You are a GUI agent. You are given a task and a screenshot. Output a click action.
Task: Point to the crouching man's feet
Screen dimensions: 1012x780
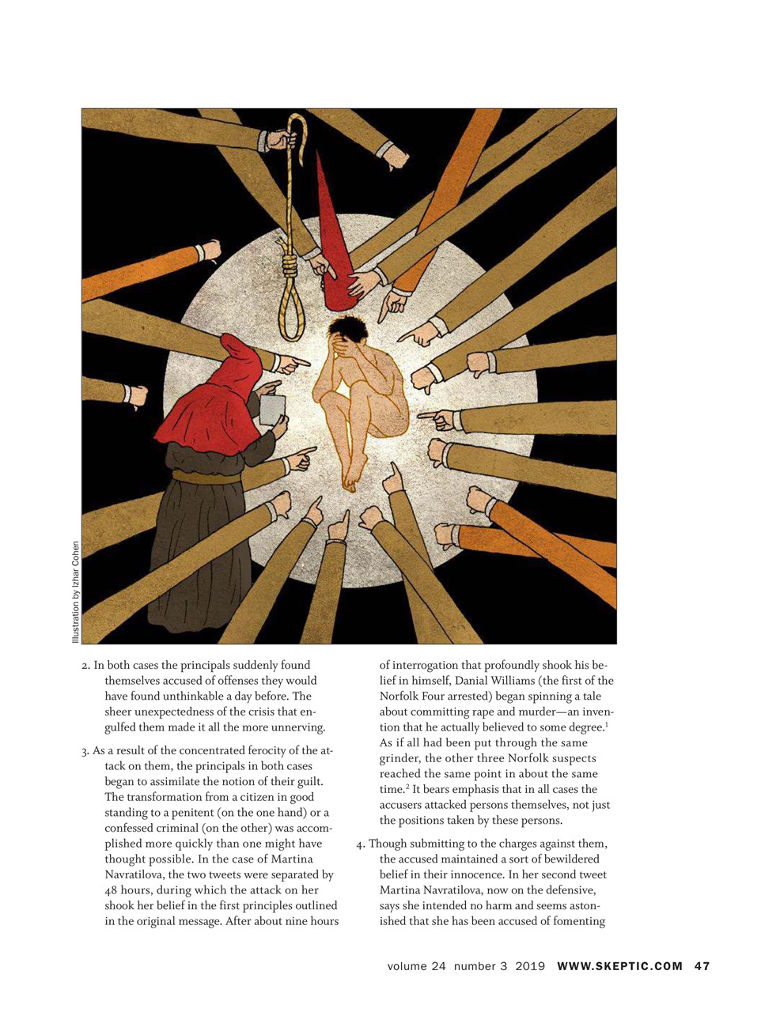coord(350,474)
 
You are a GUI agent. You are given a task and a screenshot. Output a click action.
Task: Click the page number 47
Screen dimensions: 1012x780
coord(702,966)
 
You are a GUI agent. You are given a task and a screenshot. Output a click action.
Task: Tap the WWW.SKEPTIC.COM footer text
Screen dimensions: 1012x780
coord(619,966)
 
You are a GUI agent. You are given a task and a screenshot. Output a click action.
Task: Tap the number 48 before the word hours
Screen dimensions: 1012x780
coord(112,890)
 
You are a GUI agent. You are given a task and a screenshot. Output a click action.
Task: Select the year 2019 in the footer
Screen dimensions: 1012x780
coord(530,966)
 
